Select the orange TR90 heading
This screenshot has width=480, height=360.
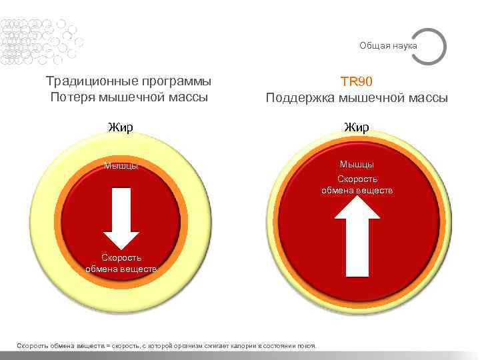pos(357,82)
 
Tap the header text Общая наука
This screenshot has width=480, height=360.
pos(388,45)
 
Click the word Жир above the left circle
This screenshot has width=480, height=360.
pos(121,126)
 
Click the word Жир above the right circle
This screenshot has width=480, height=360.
pos(357,127)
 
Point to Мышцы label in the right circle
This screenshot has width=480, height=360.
pos(357,164)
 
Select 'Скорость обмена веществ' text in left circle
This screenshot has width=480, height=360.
pos(121,263)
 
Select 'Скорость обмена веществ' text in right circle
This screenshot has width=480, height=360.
pos(357,185)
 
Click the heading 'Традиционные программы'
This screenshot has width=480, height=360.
pos(129,81)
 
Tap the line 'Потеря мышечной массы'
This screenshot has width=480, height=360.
pos(129,97)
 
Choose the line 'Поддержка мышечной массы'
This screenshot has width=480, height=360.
pos(357,99)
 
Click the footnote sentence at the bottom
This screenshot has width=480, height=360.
pos(166,345)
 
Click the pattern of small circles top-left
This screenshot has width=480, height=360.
pos(37,40)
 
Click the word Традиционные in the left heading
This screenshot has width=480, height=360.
pos(87,81)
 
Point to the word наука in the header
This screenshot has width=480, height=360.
pos(405,45)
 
